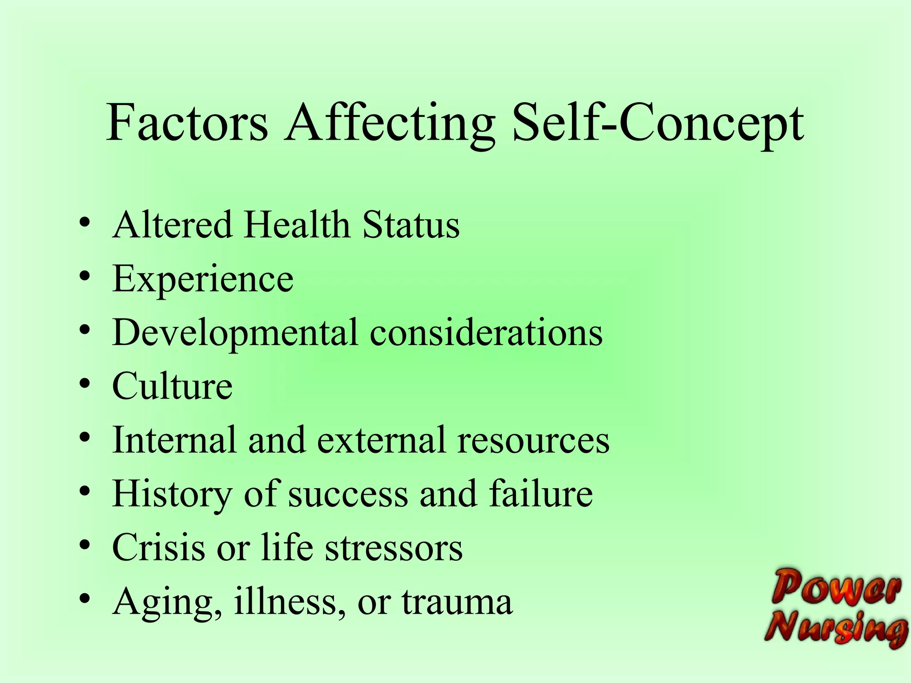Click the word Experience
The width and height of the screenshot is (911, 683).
coord(203,280)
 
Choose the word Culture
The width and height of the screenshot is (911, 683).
coord(172,386)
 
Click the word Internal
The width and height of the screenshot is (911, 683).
coord(174,440)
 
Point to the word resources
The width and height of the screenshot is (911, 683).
coord(533,440)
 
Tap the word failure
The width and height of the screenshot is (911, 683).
coord(541,494)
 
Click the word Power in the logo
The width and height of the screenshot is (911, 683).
coord(836,588)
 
